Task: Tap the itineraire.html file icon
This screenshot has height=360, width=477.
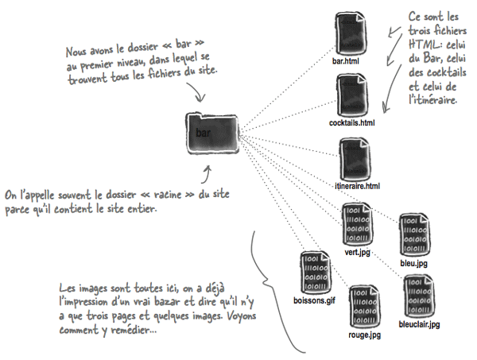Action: [353, 157]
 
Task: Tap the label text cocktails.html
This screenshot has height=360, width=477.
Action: [351, 124]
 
